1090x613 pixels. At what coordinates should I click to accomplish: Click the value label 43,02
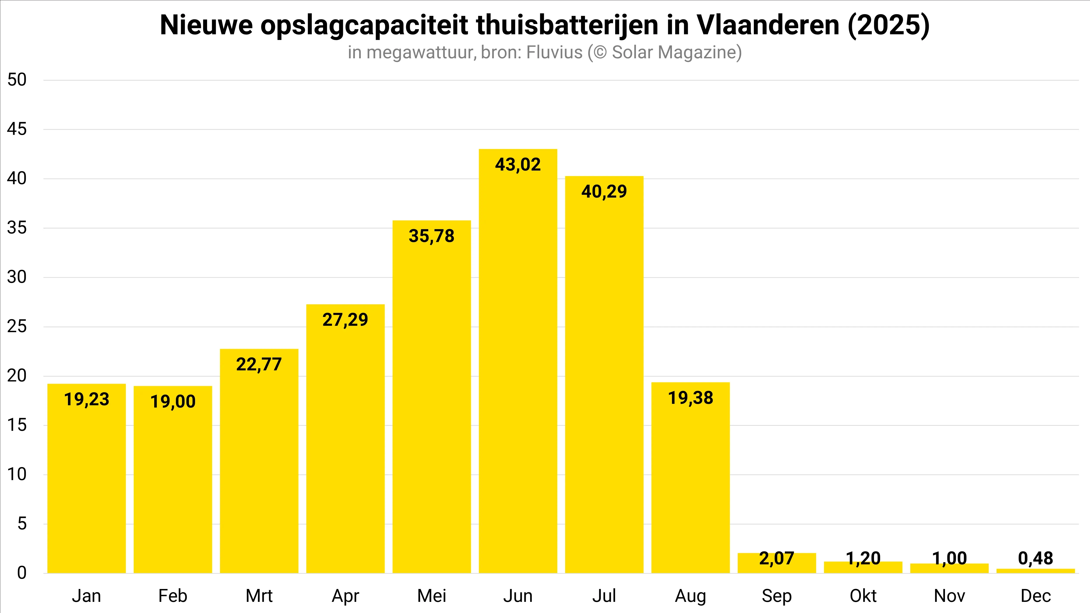pyautogui.click(x=518, y=165)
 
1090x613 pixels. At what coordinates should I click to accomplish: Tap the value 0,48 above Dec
pyautogui.click(x=1035, y=558)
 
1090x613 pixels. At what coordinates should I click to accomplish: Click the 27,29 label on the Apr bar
pyautogui.click(x=345, y=320)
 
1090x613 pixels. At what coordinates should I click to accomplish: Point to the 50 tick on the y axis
pyautogui.click(x=17, y=80)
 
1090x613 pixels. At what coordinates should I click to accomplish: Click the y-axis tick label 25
pyautogui.click(x=17, y=327)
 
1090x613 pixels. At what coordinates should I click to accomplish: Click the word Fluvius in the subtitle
pyautogui.click(x=554, y=52)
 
